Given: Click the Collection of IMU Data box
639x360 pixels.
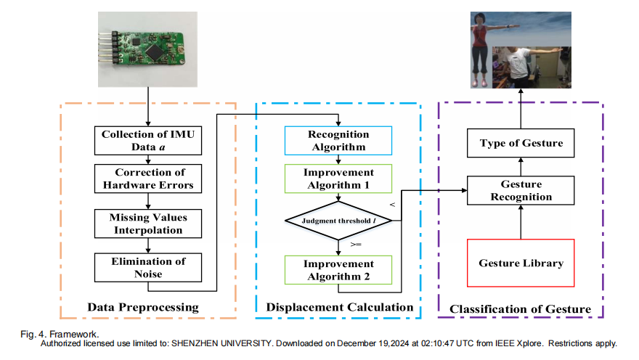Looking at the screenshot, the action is (x=148, y=141).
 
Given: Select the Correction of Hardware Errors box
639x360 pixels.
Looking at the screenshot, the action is (x=148, y=179).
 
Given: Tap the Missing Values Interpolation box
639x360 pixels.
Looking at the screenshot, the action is (x=148, y=224).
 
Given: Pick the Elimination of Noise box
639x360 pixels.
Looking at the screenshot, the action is (x=148, y=268).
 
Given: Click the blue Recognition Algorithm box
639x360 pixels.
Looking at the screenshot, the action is (x=338, y=141).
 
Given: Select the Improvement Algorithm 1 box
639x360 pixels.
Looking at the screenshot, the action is (x=338, y=179).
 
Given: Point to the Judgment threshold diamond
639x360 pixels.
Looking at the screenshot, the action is (x=338, y=221).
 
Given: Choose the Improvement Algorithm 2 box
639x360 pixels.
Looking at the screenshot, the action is (x=338, y=270).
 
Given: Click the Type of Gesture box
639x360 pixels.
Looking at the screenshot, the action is (x=521, y=143).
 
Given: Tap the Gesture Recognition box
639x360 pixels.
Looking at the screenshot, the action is (x=521, y=190).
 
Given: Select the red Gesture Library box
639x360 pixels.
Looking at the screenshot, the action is (x=521, y=263).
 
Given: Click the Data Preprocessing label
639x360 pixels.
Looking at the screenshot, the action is (x=143, y=308).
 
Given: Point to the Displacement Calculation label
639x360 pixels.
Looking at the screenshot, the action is (x=340, y=308).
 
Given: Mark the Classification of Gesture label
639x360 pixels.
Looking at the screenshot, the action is (x=520, y=309).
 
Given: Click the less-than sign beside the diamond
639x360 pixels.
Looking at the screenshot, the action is (x=392, y=205).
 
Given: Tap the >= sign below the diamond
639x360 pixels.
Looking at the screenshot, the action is (x=356, y=245).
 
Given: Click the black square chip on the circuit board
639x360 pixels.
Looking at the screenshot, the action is (x=155, y=52).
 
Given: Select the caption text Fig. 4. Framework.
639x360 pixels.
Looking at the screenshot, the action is (x=60, y=335).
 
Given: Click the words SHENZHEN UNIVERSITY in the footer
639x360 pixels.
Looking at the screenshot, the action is (x=221, y=343).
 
